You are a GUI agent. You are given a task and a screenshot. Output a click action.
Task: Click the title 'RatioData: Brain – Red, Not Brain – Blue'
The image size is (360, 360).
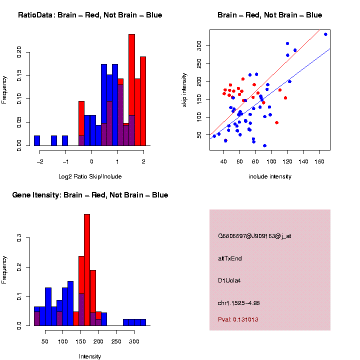pos(90,15)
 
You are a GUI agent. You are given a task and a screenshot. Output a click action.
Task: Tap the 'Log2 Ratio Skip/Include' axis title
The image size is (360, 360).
pos(90,176)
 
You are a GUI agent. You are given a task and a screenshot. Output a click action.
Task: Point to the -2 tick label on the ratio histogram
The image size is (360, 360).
pos(39,161)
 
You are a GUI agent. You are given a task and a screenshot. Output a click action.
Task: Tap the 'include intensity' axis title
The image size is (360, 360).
pos(270,176)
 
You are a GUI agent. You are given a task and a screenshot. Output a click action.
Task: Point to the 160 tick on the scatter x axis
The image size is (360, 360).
pos(319,161)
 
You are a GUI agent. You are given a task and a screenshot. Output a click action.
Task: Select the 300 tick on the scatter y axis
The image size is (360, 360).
pos(198,45)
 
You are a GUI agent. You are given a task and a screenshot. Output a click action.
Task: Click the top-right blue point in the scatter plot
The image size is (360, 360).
pos(325,34)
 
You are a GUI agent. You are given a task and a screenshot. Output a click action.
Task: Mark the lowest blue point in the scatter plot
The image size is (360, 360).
pos(264,145)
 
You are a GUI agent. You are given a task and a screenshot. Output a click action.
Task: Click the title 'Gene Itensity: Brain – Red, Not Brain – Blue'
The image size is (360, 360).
pos(90,194)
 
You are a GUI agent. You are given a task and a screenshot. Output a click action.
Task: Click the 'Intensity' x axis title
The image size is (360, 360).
pos(90,356)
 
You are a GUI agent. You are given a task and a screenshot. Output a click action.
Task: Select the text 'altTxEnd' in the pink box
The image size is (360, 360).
pos(230,258)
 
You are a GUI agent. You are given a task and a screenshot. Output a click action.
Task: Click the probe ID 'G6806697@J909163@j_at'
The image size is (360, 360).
pos(254,236)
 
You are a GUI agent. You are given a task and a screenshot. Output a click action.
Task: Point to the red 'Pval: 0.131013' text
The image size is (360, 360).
pos(238,319)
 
